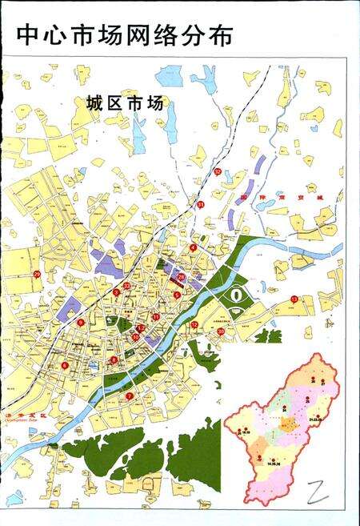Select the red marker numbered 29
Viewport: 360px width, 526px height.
pyautogui.click(x=38, y=275)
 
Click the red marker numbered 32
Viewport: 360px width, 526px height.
pyautogui.click(x=217, y=171)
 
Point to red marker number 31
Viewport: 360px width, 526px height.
pyautogui.click(x=201, y=205)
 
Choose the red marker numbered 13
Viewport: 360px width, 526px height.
pyautogui.click(x=294, y=299)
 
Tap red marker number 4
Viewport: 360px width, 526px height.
pyautogui.click(x=193, y=248)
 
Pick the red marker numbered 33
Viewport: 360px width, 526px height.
pyautogui.click(x=126, y=286)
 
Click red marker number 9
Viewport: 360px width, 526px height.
pyautogui.click(x=81, y=323)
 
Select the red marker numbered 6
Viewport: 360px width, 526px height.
pyautogui.click(x=64, y=366)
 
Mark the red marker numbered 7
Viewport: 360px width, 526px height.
pyautogui.click(x=129, y=396)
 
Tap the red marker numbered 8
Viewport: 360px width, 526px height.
pyautogui.click(x=114, y=360)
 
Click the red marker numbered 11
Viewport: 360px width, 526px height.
pyautogui.click(x=155, y=318)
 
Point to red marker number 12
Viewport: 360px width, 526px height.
pyautogui.click(x=194, y=324)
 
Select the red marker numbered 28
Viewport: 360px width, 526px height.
pyautogui.click(x=221, y=331)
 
